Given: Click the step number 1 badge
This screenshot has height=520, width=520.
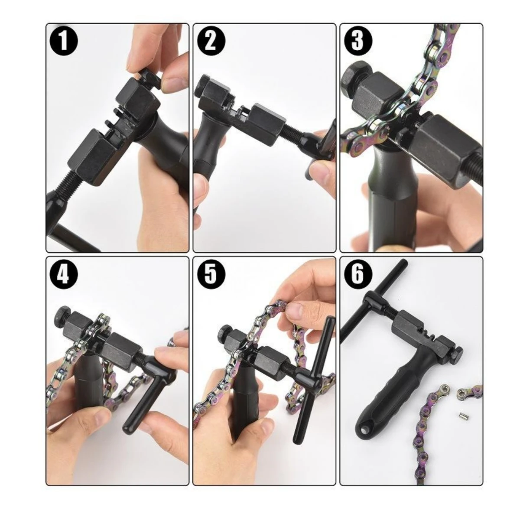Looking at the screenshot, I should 63,42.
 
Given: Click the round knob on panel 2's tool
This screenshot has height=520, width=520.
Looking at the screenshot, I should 201,85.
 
